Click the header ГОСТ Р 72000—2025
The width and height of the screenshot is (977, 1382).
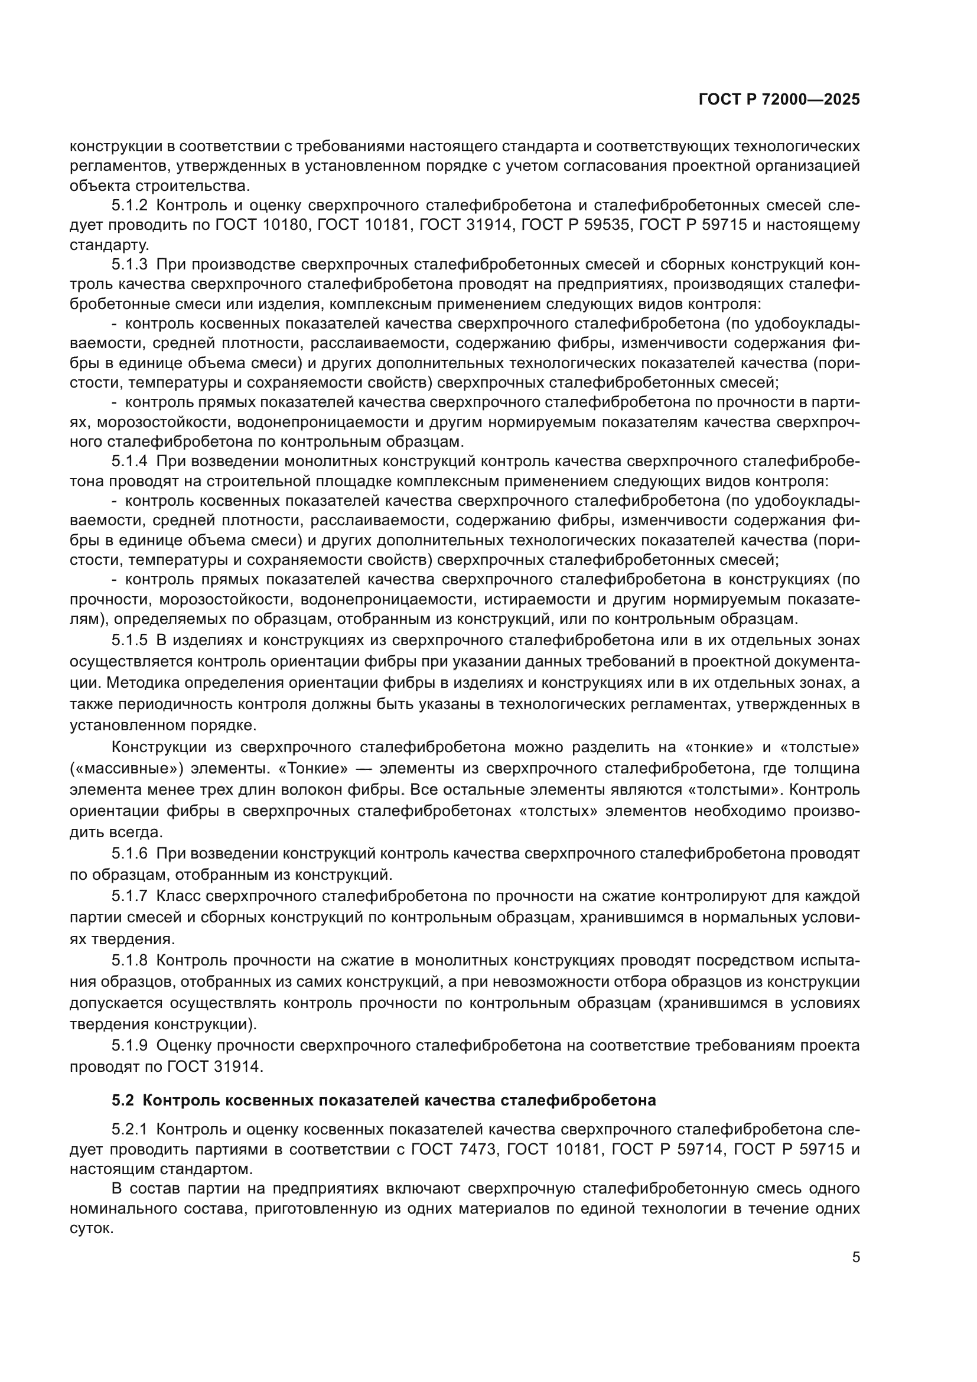point(779,100)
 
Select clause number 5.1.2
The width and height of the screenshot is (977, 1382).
point(129,205)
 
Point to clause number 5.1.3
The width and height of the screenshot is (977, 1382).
point(129,264)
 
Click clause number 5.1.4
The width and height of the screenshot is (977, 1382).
point(129,461)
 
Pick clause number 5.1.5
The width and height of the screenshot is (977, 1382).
point(129,640)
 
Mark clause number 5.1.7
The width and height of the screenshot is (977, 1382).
point(129,896)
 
